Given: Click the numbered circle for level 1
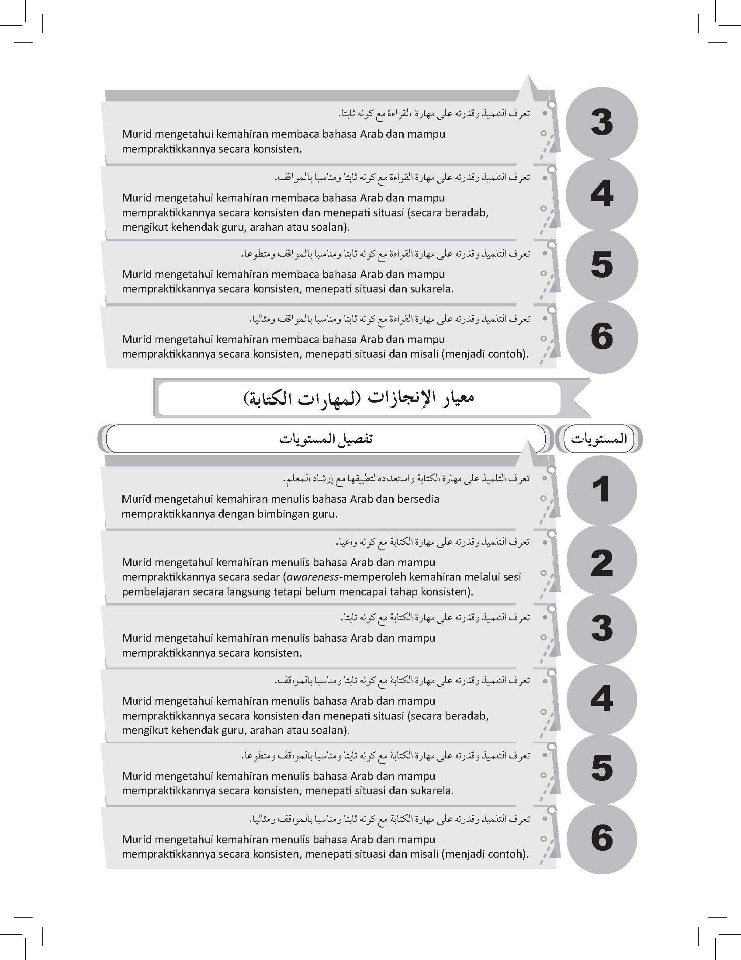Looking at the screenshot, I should click(601, 490).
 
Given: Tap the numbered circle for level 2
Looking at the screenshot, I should click(601, 562).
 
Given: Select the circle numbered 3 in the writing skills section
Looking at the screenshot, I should click(601, 628).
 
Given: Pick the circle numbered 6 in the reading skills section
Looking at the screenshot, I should click(601, 337).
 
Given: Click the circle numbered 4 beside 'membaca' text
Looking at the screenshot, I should click(601, 194).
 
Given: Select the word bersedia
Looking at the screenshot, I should click(418, 499).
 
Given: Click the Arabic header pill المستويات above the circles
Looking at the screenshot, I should click(598, 438).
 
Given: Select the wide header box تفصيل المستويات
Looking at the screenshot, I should click(325, 438).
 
